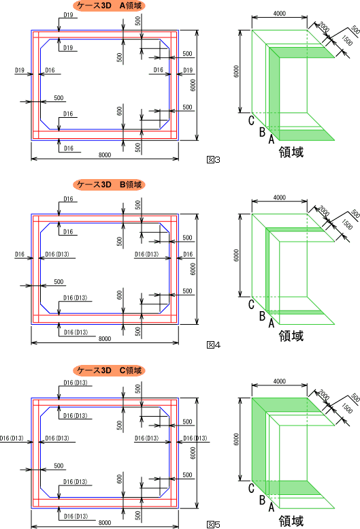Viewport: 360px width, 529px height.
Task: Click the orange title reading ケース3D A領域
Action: click(109, 5)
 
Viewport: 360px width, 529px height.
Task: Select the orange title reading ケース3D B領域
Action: click(109, 185)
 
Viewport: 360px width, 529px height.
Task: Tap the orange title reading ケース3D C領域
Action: click(109, 370)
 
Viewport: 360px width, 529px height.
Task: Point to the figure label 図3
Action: click(214, 159)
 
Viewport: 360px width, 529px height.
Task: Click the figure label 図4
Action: click(214, 344)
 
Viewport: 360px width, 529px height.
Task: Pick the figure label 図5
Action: click(214, 525)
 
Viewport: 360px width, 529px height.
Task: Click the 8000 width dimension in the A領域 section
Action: click(105, 155)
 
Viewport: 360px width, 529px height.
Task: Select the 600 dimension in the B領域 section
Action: click(120, 295)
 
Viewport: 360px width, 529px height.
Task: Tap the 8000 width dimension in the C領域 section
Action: click(105, 523)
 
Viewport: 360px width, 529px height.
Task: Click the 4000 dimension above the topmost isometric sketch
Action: click(280, 14)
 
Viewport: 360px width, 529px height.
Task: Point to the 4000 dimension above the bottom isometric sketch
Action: click(280, 381)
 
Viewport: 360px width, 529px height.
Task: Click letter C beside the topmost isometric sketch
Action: click(251, 120)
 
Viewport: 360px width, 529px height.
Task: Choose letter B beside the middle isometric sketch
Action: click(262, 316)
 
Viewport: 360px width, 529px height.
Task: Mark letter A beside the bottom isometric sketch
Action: click(272, 507)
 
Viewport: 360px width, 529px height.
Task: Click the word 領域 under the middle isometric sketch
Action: click(291, 336)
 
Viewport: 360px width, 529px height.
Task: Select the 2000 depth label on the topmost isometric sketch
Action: click(324, 27)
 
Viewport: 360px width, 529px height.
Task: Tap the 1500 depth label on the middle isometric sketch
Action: click(347, 225)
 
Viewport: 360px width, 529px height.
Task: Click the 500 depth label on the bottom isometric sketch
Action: click(355, 398)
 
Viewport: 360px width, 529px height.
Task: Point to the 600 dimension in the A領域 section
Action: click(120, 111)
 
